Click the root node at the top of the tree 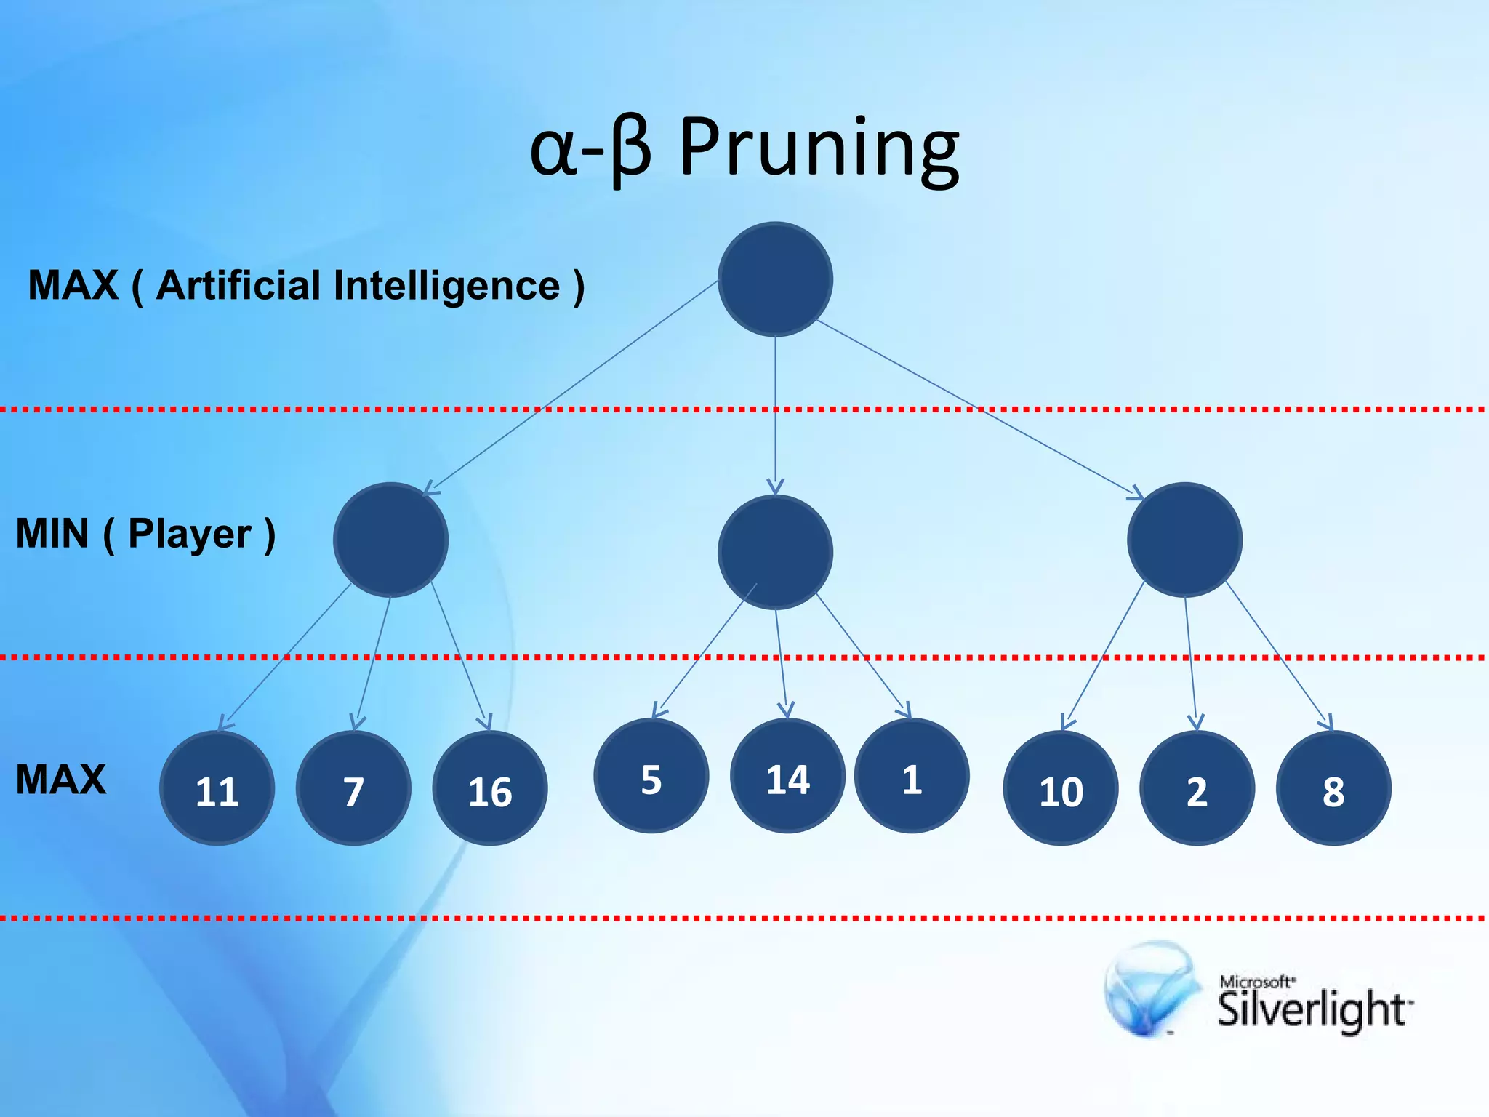click(x=775, y=279)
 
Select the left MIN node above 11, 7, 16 click(x=390, y=540)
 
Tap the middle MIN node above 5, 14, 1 click(x=775, y=552)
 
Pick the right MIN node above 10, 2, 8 click(x=1184, y=540)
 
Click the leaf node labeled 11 click(x=217, y=788)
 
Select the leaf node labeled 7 click(x=353, y=788)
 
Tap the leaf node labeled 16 click(x=489, y=788)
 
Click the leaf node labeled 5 click(x=651, y=776)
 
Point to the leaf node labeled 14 click(x=787, y=776)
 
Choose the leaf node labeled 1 click(x=912, y=776)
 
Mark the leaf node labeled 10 click(x=1060, y=788)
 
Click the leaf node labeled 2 click(x=1197, y=788)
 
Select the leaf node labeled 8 click(x=1333, y=788)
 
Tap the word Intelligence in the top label click(x=446, y=286)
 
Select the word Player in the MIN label click(x=190, y=535)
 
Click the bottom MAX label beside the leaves click(x=61, y=780)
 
